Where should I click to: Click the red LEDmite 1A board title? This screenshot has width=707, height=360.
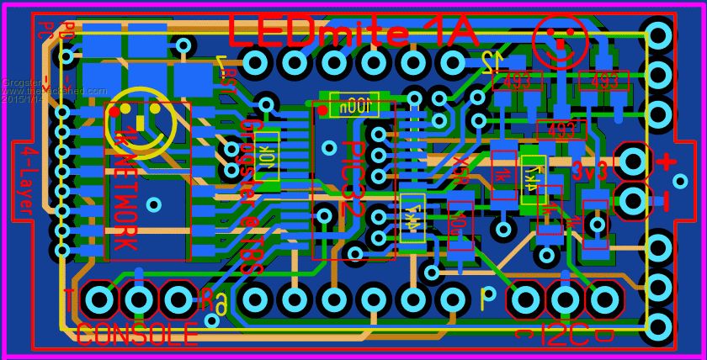[353, 32]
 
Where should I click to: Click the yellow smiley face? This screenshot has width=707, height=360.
[140, 121]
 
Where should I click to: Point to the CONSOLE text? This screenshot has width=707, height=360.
[137, 335]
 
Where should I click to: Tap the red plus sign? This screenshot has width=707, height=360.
[667, 161]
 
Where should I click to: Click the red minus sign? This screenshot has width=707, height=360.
[667, 200]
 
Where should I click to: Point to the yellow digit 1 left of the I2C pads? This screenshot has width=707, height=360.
[484, 299]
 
